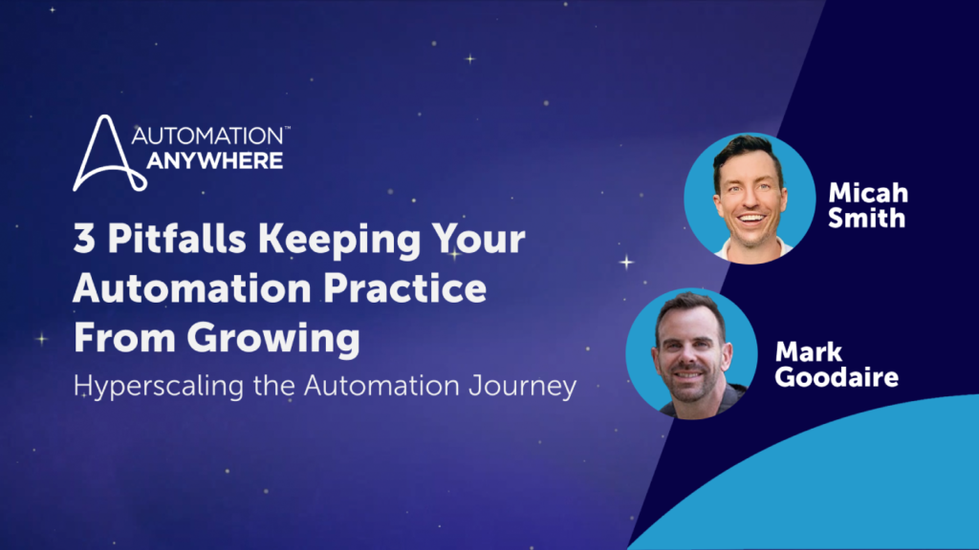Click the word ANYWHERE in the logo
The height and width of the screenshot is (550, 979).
pyautogui.click(x=215, y=160)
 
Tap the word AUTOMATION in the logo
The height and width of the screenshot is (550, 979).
pyautogui.click(x=207, y=136)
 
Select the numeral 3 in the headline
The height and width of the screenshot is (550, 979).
pyautogui.click(x=84, y=239)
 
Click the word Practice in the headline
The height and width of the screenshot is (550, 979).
pyautogui.click(x=404, y=287)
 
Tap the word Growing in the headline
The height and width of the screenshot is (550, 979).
pyautogui.click(x=273, y=339)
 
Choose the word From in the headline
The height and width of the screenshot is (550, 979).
pyautogui.click(x=124, y=338)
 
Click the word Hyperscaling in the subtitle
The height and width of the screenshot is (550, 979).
pyautogui.click(x=159, y=386)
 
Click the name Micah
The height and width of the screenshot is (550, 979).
pyautogui.click(x=868, y=193)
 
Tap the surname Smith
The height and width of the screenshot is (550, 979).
pyautogui.click(x=866, y=219)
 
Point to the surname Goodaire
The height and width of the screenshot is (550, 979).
pyautogui.click(x=837, y=376)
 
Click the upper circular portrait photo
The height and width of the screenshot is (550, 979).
pyautogui.click(x=750, y=199)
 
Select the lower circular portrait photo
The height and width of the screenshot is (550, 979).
pyautogui.click(x=692, y=353)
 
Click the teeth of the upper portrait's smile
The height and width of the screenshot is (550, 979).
pyautogui.click(x=751, y=219)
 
